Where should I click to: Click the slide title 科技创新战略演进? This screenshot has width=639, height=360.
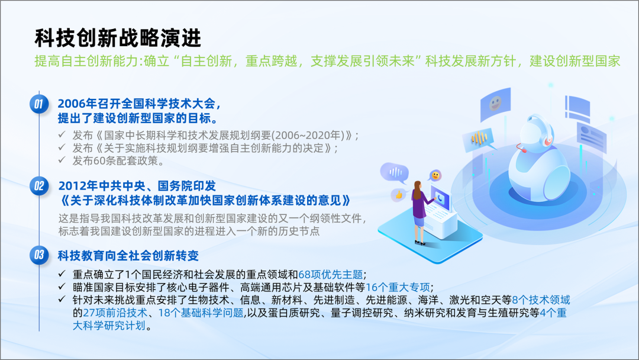pyautogui.click(x=118, y=38)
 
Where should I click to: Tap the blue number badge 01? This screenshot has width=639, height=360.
pyautogui.click(x=39, y=104)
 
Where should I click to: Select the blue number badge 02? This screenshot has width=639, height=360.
pyautogui.click(x=39, y=186)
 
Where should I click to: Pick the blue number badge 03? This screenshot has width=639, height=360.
pyautogui.click(x=39, y=255)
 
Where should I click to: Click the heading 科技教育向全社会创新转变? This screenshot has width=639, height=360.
pyautogui.click(x=128, y=256)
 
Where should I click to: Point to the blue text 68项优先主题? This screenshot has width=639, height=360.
pyautogui.click(x=331, y=274)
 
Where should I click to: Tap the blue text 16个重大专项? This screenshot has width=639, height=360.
pyautogui.click(x=398, y=287)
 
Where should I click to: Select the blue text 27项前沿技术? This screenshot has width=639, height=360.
pyautogui.click(x=115, y=313)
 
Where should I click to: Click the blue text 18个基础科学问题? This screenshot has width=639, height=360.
pyautogui.click(x=201, y=313)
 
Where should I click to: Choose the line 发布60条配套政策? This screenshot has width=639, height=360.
pyautogui.click(x=118, y=160)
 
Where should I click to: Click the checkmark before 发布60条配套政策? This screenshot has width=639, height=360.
pyautogui.click(x=62, y=160)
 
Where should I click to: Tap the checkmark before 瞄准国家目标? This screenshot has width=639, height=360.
pyautogui.click(x=62, y=287)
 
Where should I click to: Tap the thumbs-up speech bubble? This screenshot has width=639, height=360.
pyautogui.click(x=399, y=195)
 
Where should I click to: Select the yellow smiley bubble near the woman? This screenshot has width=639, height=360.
pyautogui.click(x=435, y=176)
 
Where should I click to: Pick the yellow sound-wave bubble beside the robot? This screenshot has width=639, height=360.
pyautogui.click(x=480, y=139)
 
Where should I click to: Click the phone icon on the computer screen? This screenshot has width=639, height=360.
pyautogui.click(x=441, y=198)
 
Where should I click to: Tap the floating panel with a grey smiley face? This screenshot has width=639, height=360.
pyautogui.click(x=495, y=104)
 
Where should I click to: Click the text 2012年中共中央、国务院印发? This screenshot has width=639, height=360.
pyautogui.click(x=137, y=186)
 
